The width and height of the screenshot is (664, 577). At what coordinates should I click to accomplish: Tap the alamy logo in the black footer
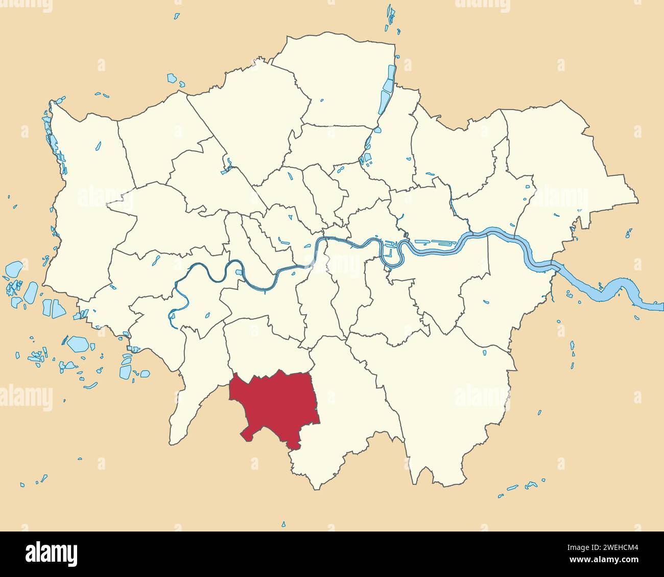[x=51, y=553]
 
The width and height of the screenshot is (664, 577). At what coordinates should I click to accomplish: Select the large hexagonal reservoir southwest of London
[x=78, y=343]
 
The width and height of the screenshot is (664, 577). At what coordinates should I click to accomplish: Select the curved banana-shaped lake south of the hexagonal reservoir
[x=90, y=385]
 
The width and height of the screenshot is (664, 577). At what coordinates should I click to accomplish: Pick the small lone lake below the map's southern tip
[x=283, y=524]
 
